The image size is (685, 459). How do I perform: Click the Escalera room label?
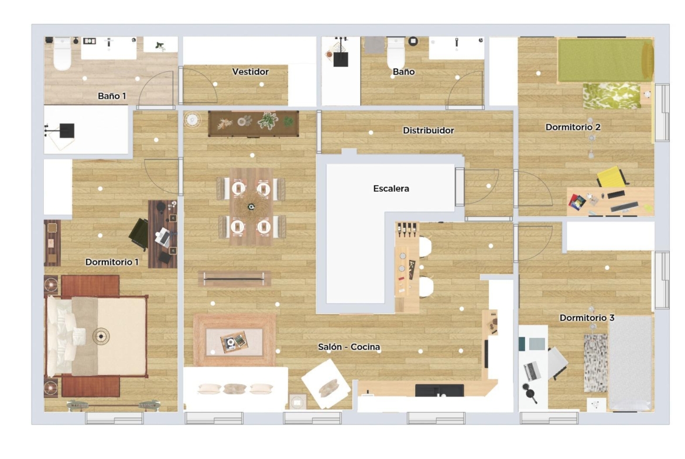391,188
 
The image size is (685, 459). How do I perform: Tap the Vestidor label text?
251,71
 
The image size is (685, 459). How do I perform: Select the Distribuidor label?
428,130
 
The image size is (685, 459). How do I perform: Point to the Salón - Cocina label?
348,347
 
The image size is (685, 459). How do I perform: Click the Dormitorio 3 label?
587,317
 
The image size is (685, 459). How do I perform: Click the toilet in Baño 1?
62,54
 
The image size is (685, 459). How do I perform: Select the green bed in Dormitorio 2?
605,60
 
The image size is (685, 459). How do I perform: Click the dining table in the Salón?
251,207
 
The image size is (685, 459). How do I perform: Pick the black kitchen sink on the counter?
439,391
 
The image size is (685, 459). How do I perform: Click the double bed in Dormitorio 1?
96,336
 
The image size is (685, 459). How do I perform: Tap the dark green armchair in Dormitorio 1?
139,234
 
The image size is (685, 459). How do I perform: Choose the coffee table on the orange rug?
234,341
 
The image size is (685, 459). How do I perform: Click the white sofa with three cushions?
235,389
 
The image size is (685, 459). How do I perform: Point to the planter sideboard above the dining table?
254,123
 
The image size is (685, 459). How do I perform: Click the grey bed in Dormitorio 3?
631,363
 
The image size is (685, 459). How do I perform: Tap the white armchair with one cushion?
326,384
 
